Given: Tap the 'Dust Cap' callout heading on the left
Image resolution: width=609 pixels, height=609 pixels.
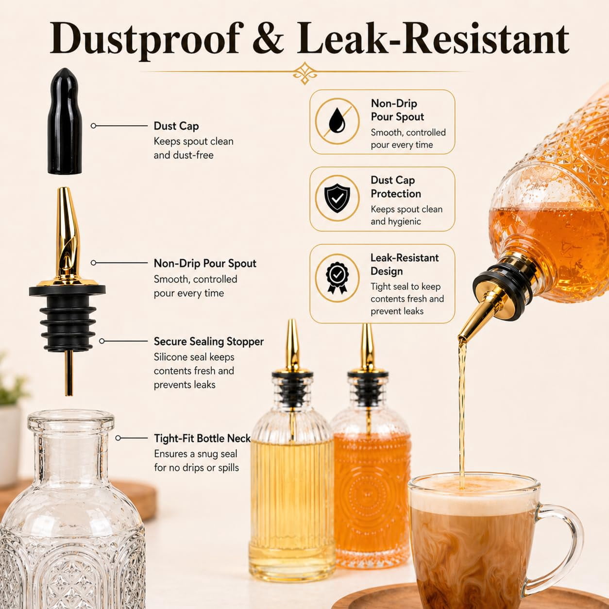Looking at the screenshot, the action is coord(176,126).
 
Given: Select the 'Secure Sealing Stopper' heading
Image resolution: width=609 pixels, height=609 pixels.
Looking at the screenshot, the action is coord(208,341).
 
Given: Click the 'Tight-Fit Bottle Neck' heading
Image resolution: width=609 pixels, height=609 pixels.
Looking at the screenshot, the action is coord(202,439).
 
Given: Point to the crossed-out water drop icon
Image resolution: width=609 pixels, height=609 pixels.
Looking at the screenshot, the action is coord(337,121).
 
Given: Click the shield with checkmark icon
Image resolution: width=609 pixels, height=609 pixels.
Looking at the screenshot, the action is coord(337,199).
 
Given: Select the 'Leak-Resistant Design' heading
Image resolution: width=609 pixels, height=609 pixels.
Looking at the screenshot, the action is coord(404,265).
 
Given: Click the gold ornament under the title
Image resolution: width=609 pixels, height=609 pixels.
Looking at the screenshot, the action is coord(304,73).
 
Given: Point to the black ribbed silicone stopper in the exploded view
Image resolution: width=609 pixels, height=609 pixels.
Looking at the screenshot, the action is coord(68,322).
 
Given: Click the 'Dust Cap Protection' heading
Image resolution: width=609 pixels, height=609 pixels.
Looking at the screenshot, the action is coord(396,187).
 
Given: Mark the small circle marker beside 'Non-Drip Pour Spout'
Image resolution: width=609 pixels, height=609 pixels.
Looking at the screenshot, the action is coord(93,263).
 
